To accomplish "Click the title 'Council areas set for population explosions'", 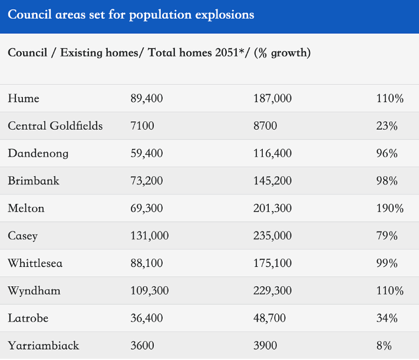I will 131,15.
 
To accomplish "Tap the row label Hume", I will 24,98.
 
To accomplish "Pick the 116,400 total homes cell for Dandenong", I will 272,154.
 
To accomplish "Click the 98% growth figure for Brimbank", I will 387,181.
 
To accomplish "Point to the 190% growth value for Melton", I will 390,209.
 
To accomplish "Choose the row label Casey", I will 23,236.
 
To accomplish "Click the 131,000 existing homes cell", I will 150,236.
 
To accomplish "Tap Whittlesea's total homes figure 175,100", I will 272,263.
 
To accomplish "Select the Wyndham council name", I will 34,291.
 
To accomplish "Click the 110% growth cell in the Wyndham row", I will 390,291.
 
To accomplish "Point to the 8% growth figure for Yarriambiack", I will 384,346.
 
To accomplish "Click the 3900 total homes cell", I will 265,346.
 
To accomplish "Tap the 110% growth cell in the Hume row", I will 390,98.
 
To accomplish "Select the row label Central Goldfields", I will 55,126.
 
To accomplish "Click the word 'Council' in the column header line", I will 28,52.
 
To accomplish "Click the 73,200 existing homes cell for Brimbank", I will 147,181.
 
